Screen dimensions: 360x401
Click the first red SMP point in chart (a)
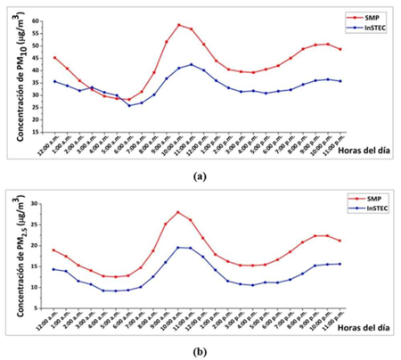pyautogui.click(x=55, y=57)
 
